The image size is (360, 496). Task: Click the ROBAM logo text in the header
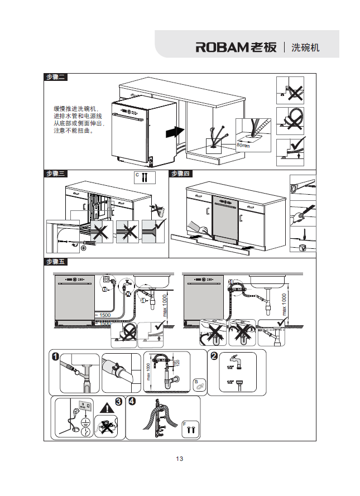click(x=236, y=47)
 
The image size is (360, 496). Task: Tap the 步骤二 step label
click(x=56, y=78)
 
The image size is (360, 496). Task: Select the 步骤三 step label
click(x=56, y=174)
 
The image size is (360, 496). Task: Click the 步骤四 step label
click(x=181, y=174)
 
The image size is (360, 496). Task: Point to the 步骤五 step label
click(x=56, y=262)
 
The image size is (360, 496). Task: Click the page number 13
click(x=180, y=459)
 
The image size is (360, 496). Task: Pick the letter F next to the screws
click(x=184, y=424)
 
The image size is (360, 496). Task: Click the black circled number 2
click(x=213, y=355)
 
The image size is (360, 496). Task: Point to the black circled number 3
click(x=118, y=401)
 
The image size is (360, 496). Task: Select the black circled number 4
click(x=132, y=401)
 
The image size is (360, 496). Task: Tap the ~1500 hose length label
click(x=102, y=315)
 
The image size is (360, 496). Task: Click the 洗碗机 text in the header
click(x=306, y=47)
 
